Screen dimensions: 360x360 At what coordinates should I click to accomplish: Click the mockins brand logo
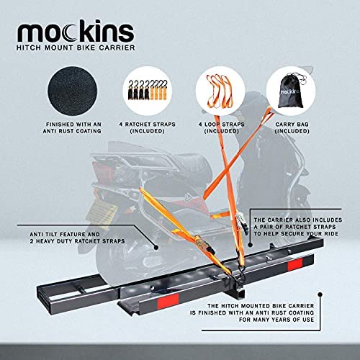point(76,32)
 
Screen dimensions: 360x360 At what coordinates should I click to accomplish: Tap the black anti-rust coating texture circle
point(73,91)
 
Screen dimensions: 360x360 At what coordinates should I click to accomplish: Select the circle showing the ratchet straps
point(148,91)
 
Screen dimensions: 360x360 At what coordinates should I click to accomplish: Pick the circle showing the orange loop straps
point(220,91)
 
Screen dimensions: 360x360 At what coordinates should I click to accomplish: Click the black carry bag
point(290,95)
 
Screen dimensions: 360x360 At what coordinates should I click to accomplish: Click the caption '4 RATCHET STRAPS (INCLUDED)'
point(148,127)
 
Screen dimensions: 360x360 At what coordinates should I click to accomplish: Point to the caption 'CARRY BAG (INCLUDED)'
point(292,127)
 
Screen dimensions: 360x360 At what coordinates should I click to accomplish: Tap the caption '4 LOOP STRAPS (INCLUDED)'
point(221,127)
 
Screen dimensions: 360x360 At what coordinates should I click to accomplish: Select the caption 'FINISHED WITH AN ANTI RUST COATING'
point(72,127)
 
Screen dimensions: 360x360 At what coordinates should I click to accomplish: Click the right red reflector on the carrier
point(295,265)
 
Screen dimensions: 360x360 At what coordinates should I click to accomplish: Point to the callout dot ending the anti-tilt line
point(156,247)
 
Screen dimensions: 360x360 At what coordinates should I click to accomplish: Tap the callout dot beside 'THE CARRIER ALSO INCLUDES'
point(250,245)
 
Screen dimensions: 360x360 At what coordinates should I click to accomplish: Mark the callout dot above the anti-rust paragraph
point(320,294)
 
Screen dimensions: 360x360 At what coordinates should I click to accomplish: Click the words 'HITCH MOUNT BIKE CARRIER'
point(76,48)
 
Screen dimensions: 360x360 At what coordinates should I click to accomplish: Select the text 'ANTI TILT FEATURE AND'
point(65,234)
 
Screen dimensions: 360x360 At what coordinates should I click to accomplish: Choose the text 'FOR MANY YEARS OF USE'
point(276,320)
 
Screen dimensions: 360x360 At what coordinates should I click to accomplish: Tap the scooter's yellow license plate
point(102,212)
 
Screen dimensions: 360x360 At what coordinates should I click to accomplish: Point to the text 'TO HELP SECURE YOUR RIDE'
point(296,233)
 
